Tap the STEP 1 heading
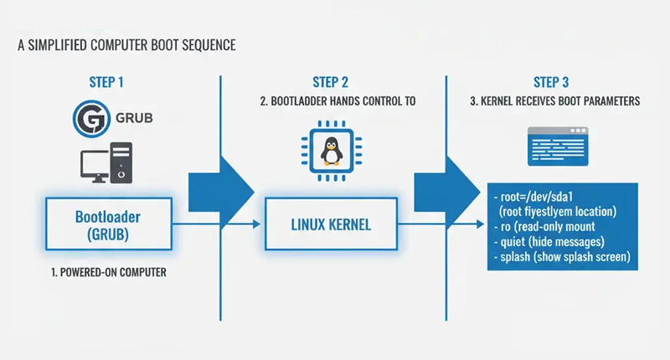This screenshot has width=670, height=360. click(109, 82)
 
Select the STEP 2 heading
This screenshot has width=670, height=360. click(332, 82)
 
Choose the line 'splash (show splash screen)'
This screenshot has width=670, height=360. click(562, 255)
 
